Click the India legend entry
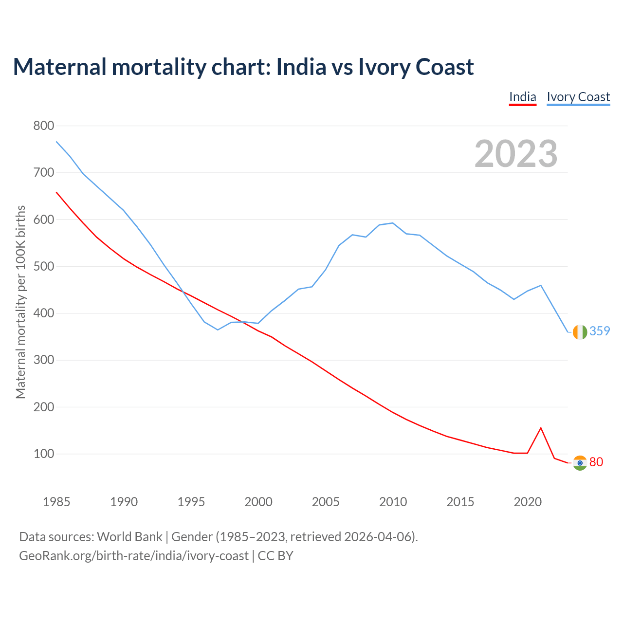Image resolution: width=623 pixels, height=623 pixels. pos(522,97)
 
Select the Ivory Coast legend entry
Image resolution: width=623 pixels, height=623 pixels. pos(578,97)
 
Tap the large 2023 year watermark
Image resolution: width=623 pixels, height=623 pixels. pos(516,154)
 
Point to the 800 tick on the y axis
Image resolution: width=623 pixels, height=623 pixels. pos(44,126)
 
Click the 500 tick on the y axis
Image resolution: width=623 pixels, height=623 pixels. pos(44,267)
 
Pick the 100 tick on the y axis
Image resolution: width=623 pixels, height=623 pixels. pos(44,454)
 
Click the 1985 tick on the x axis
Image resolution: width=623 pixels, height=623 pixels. pos(56,502)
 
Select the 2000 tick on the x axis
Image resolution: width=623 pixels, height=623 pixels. pos(258,502)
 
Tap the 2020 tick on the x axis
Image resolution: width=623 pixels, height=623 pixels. pos(528,502)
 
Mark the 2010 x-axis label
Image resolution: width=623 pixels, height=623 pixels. pos(393,502)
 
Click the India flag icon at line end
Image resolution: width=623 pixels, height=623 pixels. pos(580,463)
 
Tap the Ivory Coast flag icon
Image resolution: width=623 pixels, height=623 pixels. pos(580,332)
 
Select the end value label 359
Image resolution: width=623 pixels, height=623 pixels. pos(600,331)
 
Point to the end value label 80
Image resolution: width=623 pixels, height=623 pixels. pos(596,462)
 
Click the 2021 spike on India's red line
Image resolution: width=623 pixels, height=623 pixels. pos(541,428)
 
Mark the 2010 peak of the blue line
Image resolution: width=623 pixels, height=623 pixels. pos(393,223)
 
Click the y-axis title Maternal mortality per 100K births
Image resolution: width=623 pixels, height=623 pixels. pos(20,302)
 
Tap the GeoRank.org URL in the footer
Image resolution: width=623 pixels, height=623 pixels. pos(134,555)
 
